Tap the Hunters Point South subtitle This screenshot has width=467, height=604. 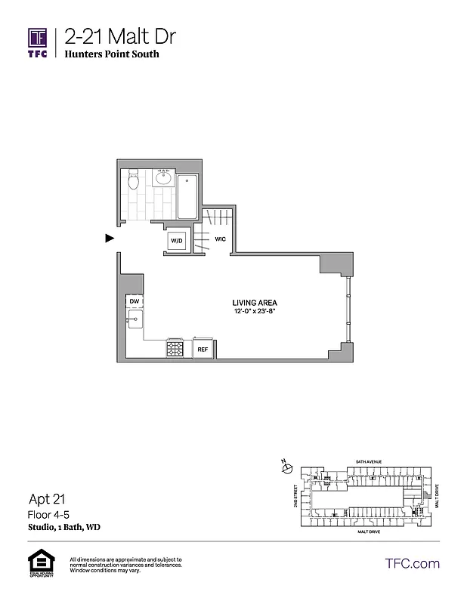point(112,54)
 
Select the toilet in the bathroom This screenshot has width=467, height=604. point(134,181)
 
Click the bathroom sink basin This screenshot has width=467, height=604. point(163,179)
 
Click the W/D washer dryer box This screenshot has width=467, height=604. point(178,240)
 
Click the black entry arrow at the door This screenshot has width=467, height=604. point(110,239)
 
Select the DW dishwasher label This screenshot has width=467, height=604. point(135,301)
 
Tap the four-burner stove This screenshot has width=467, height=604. point(175,349)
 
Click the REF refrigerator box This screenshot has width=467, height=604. point(203,350)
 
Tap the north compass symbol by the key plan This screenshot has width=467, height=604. point(286,468)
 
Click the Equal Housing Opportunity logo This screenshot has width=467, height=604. point(38,563)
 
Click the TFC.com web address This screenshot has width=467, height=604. point(413,563)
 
